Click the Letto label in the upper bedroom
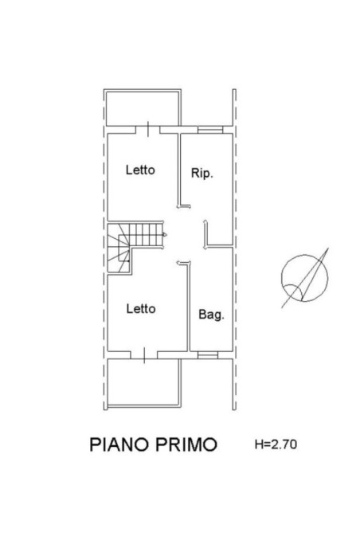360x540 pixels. [x=139, y=170]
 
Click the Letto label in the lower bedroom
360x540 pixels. [x=139, y=308]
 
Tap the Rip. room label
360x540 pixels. [x=201, y=173]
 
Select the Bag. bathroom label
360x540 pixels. [x=211, y=314]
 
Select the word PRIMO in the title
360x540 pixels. [x=188, y=444]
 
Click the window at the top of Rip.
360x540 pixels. [x=209, y=128]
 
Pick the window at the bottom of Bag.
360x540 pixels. [x=206, y=353]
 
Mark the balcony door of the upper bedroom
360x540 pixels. [x=148, y=129]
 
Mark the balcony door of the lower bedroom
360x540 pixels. [x=144, y=353]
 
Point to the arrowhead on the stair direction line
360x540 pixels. [x=163, y=234]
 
